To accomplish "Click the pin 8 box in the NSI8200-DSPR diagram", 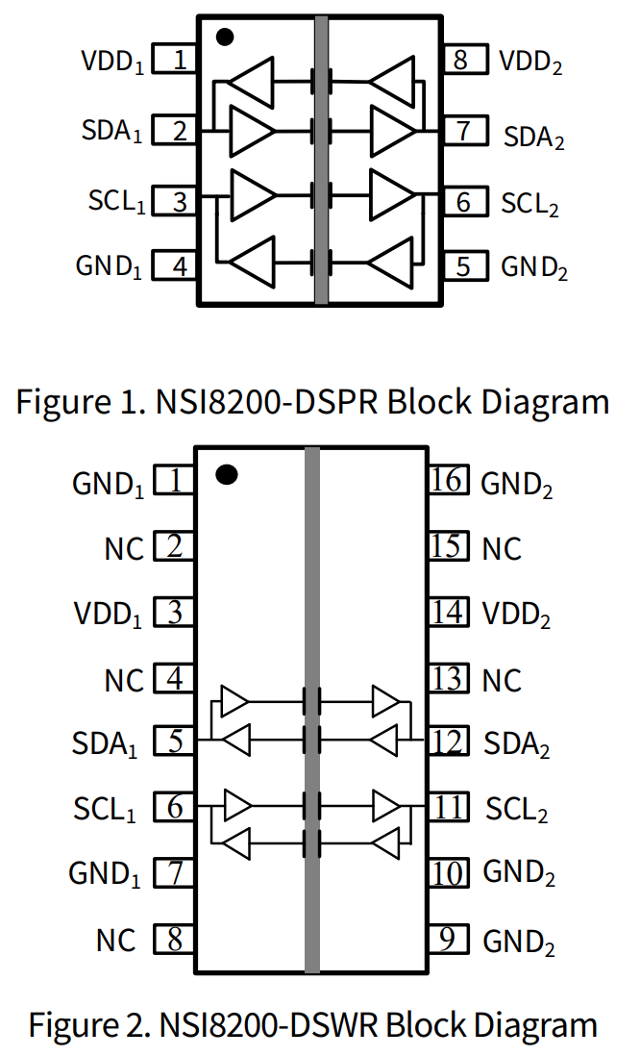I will [460, 60].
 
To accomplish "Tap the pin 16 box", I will [448, 480].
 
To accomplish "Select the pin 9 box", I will [448, 939].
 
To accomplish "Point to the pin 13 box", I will [448, 680].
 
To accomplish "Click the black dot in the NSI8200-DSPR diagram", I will [225, 38].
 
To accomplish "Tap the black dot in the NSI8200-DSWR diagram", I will [227, 474].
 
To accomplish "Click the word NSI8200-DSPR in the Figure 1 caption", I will [265, 401].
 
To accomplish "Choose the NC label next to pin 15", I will [502, 549].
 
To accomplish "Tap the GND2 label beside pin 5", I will [534, 266].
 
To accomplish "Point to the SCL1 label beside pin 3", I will [116, 202].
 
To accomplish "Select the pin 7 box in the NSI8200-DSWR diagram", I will [175, 873].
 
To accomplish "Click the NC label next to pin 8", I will [116, 940].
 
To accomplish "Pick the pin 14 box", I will [448, 613].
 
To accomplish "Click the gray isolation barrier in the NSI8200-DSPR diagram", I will [321, 159].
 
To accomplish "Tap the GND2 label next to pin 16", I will [517, 484].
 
